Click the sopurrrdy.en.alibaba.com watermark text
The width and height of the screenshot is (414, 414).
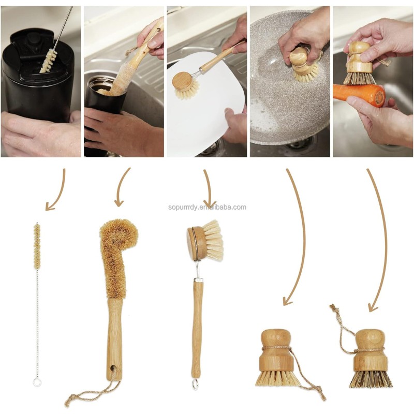click(207, 207)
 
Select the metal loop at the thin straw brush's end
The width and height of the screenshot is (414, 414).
click(37, 382)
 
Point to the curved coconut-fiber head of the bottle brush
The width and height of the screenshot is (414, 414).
click(116, 248)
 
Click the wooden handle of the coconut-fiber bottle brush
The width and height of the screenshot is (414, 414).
click(114, 336)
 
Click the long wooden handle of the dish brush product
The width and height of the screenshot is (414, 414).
click(197, 326)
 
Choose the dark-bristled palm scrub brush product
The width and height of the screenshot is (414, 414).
click(369, 357)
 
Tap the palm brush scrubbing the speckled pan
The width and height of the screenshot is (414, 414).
click(302, 65)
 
